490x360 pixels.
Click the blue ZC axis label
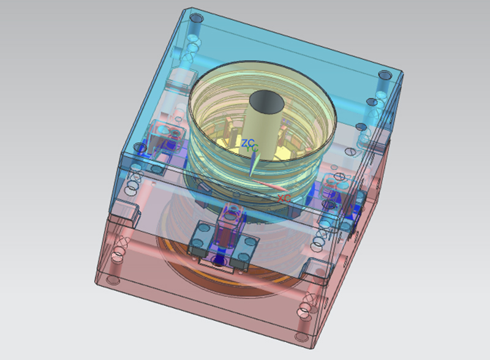(x=248, y=143)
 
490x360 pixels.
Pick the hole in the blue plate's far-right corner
(x=384, y=76)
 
